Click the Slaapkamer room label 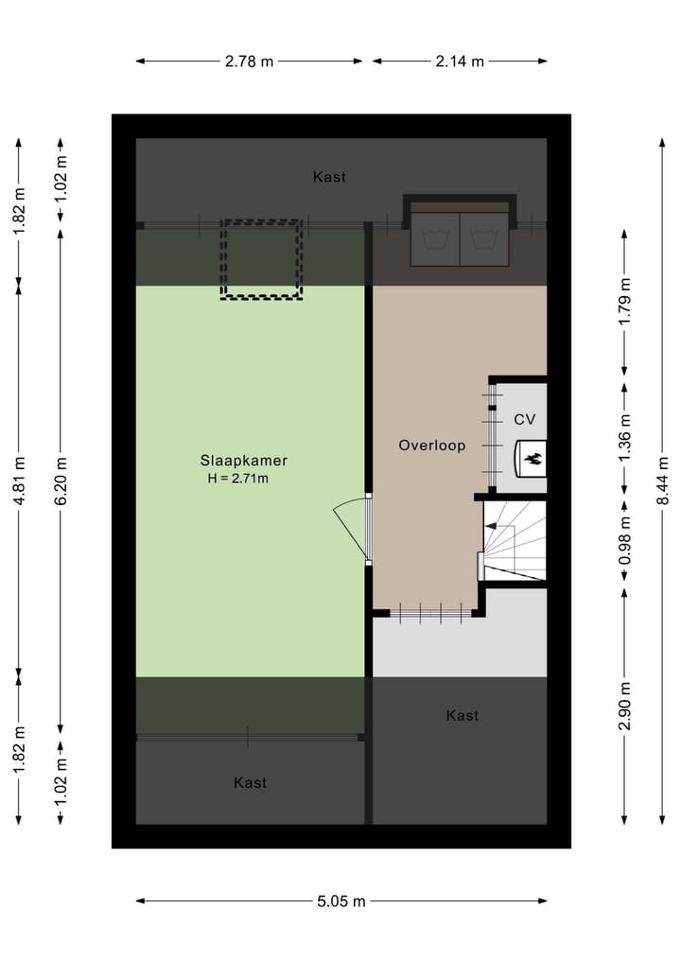point(243,461)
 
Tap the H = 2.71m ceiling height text point(238,479)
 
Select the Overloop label point(431,445)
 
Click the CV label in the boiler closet point(524,419)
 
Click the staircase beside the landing point(515,541)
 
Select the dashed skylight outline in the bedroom point(262,259)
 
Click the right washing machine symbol point(484,240)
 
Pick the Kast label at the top point(329,177)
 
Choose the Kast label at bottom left point(250,782)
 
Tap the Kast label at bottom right point(462,715)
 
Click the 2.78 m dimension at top point(249,61)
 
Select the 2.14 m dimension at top point(459,61)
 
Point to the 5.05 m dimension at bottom point(340,901)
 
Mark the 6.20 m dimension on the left point(61,481)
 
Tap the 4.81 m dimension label point(19,481)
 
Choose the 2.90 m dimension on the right point(623,706)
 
